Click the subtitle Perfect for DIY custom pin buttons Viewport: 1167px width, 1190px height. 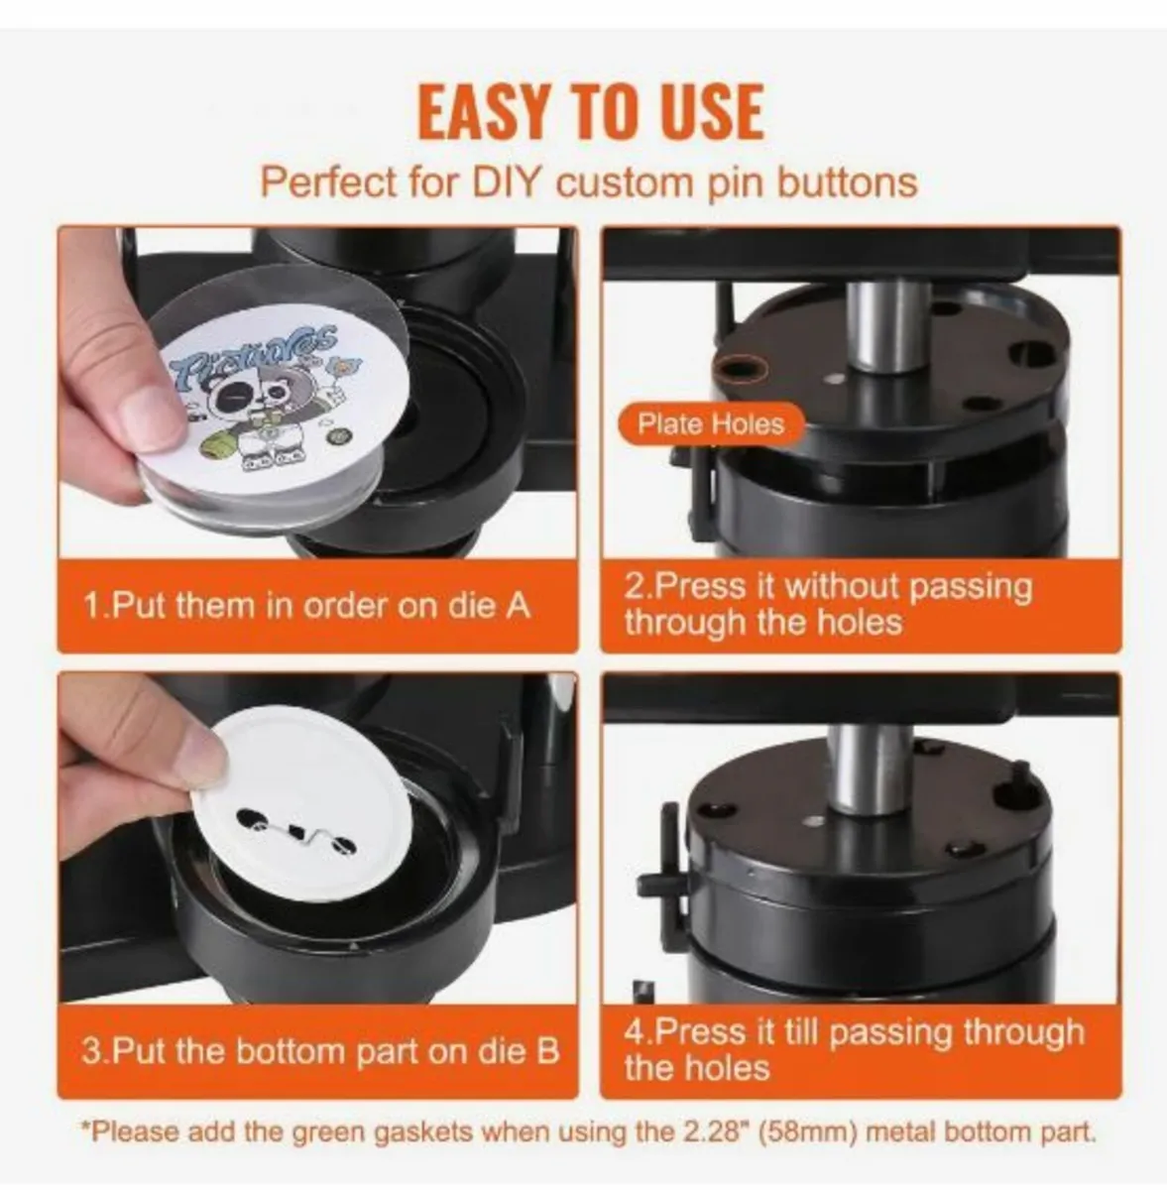pyautogui.click(x=588, y=183)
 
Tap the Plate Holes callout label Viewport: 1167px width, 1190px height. pyautogui.click(x=710, y=424)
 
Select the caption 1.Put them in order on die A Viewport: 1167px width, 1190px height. pyautogui.click(x=307, y=605)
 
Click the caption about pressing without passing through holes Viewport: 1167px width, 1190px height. pyautogui.click(x=828, y=604)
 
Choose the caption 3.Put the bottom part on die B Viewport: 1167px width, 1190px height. pyautogui.click(x=319, y=1051)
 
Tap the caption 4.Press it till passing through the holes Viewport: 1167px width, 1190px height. pyautogui.click(x=854, y=1049)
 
